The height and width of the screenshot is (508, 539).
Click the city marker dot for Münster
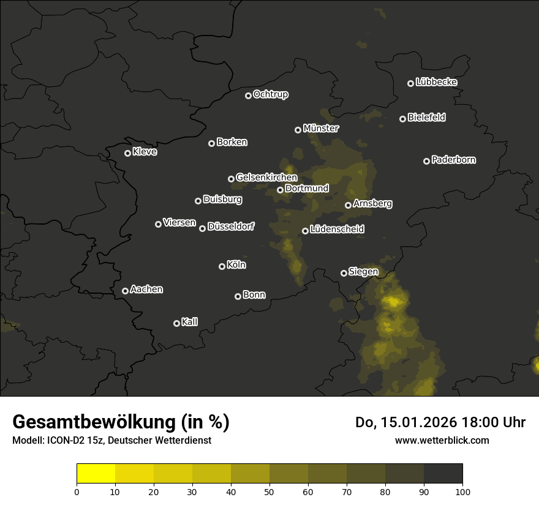(298, 130)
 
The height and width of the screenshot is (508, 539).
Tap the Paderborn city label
(453, 160)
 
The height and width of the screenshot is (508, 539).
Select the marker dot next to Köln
(222, 266)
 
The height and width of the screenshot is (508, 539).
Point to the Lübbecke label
(436, 82)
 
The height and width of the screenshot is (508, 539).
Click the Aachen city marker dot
(126, 291)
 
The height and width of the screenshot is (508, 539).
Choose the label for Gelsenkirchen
(266, 177)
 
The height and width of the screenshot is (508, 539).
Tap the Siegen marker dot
(344, 273)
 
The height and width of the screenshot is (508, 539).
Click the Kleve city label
(145, 152)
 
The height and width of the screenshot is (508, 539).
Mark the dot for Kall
(177, 323)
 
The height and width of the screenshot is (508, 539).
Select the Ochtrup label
(270, 94)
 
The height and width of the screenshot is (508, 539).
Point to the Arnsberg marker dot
(349, 205)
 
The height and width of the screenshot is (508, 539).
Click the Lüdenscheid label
(337, 230)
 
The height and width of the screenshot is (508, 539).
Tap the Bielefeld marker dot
(403, 119)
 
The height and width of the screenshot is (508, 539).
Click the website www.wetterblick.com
(442, 440)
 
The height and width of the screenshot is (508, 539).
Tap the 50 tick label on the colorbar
(269, 491)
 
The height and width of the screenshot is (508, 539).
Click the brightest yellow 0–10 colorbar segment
(96, 474)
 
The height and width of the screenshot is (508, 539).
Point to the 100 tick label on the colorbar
(462, 491)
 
